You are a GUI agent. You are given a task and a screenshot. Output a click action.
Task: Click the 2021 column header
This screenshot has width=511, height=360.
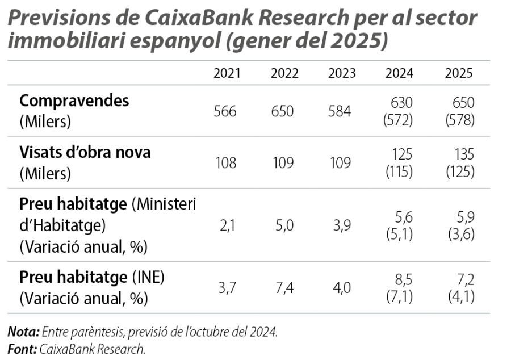(x=227, y=74)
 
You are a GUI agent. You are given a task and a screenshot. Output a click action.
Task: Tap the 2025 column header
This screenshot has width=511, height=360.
(x=459, y=74)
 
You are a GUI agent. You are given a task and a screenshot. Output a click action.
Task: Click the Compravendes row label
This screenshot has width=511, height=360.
(x=74, y=101)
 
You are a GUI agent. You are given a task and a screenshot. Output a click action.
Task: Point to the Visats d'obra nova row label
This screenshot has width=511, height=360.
(x=85, y=153)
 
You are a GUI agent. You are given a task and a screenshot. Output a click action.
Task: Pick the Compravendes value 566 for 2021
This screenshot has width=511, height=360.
(x=225, y=111)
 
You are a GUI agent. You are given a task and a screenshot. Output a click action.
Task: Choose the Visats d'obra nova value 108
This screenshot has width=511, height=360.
(x=225, y=163)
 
